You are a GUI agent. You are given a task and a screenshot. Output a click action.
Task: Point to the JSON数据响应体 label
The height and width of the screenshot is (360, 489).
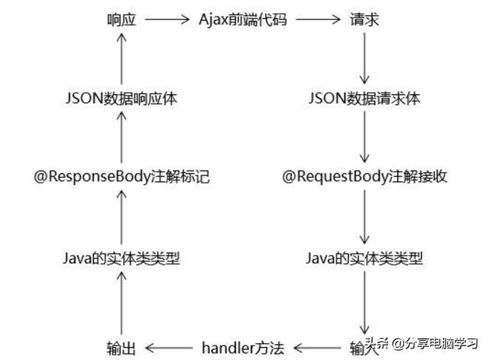pos(121,99)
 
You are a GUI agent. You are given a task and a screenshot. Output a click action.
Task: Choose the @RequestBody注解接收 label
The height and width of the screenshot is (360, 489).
pos(364,177)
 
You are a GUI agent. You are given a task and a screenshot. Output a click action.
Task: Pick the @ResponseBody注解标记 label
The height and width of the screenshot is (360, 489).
pos(121,177)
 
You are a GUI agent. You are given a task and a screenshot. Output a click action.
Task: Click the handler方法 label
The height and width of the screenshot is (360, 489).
pos(242,348)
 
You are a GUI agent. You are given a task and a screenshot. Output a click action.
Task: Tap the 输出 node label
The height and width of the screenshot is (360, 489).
pos(121,348)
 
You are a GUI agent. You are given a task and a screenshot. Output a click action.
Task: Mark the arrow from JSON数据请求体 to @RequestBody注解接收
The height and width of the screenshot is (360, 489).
pos(364,138)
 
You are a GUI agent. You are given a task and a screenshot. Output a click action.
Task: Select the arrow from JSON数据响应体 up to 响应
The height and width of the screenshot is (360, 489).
pos(121,60)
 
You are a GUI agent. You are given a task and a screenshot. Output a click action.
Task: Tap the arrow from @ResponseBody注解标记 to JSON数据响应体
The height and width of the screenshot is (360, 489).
pos(121,138)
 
